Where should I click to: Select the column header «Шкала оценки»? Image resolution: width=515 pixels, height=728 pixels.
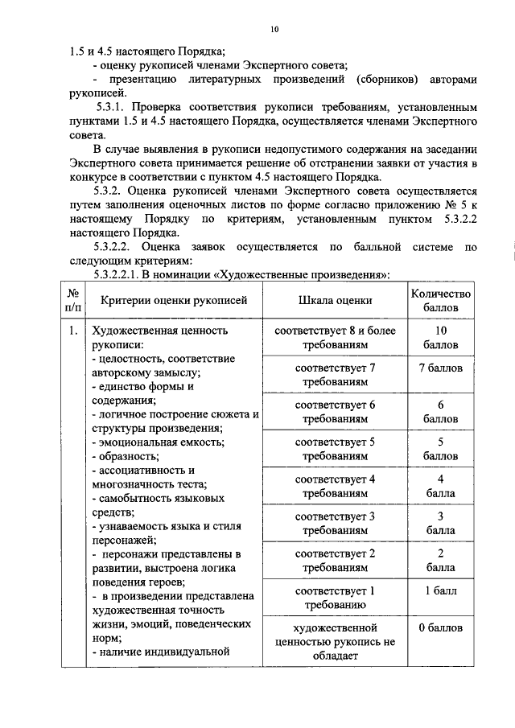coord(335,300)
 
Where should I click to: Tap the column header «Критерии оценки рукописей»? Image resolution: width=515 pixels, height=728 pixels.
coord(174,300)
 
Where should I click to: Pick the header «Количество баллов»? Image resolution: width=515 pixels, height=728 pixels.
coord(440,300)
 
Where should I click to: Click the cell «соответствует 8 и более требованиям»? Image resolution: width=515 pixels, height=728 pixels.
coord(335,337)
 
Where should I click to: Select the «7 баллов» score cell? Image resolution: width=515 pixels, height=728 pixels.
coord(440,369)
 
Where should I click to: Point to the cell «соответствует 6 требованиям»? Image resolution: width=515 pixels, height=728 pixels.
coord(335,412)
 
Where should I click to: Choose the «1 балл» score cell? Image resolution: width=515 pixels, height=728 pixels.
coord(440,591)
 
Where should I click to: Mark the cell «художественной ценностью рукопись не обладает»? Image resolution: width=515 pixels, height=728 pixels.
coord(335,641)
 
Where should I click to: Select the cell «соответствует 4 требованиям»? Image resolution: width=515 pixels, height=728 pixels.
coord(335,487)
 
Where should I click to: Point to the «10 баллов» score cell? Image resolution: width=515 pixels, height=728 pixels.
coord(440,337)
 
